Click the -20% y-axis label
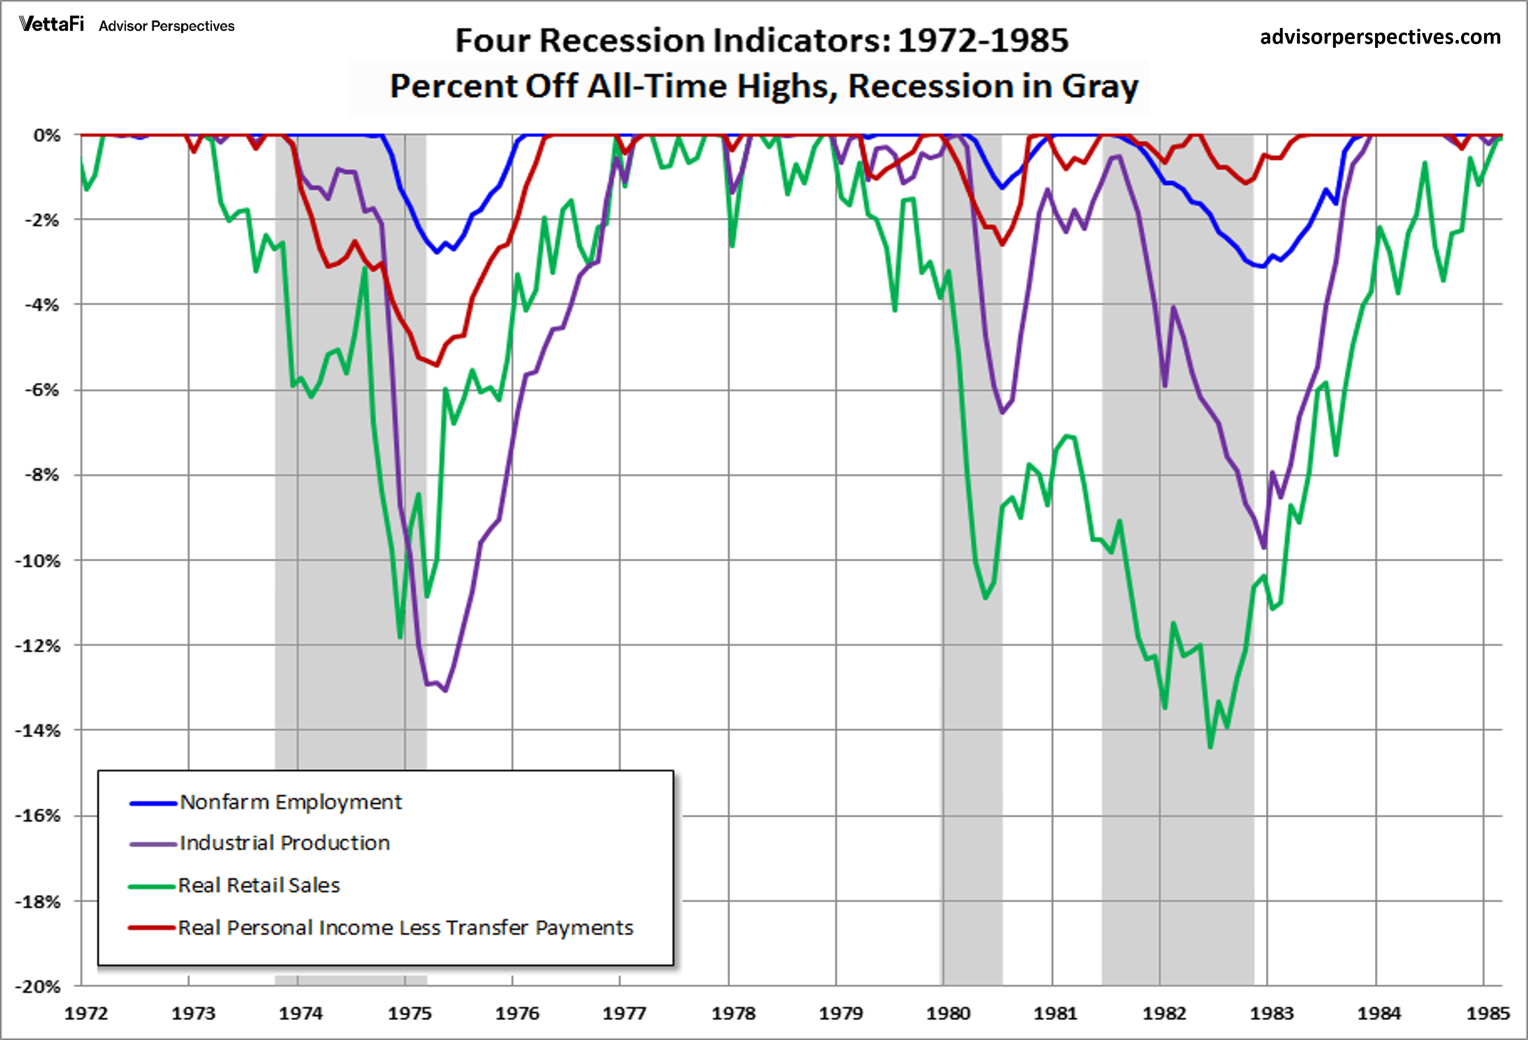point(38,987)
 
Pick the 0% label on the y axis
point(46,135)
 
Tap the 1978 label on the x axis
point(733,1014)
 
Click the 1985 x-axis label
point(1487,1014)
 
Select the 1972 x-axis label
point(86,1014)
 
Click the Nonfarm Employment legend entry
point(290,802)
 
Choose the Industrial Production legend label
point(284,843)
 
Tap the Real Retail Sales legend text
point(259,886)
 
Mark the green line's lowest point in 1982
point(1210,747)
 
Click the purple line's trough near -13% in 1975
point(445,690)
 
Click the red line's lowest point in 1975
point(436,365)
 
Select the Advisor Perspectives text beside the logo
point(166,26)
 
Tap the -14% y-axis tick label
point(38,731)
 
